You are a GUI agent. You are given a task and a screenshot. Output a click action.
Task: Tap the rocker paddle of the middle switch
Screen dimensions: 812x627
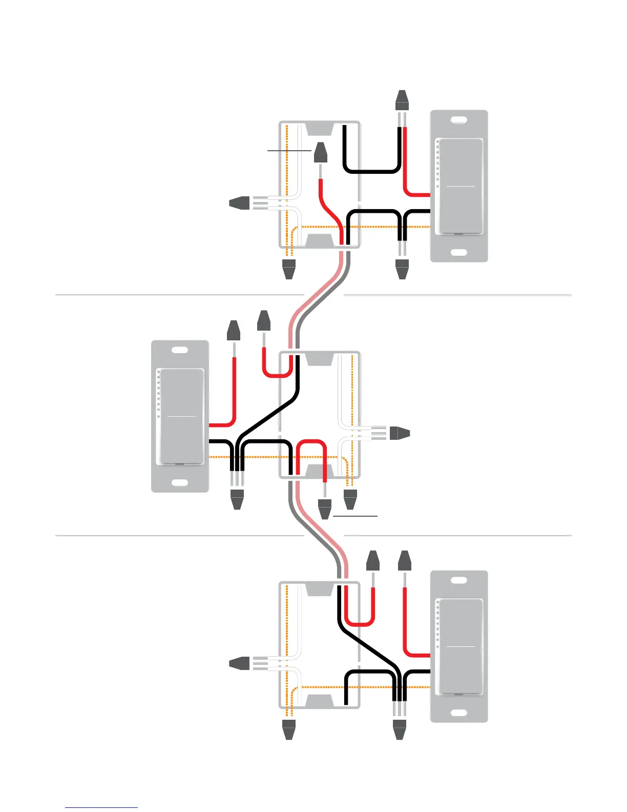[182, 416]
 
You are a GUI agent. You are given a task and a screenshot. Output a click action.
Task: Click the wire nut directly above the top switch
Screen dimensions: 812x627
[402, 100]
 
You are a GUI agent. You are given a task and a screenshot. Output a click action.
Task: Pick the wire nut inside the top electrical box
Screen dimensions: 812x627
[321, 152]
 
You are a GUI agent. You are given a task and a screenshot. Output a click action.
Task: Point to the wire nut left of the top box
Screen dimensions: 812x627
[239, 203]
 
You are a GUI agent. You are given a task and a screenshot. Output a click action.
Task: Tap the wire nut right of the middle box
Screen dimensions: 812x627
[400, 433]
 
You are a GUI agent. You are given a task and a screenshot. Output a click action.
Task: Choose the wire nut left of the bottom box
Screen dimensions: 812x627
[239, 663]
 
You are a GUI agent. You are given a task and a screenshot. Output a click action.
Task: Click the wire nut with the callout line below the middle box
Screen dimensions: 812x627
[325, 509]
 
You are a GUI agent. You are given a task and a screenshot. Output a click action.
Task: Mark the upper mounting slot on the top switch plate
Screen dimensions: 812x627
[459, 120]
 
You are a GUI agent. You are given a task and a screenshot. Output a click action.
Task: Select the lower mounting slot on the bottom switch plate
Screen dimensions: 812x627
[459, 713]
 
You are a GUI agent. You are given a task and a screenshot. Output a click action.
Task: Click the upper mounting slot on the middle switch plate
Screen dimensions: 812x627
[180, 351]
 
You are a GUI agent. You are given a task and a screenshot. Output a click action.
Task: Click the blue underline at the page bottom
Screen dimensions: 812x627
[101, 808]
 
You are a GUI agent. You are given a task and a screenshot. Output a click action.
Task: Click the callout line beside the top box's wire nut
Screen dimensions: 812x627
[289, 151]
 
